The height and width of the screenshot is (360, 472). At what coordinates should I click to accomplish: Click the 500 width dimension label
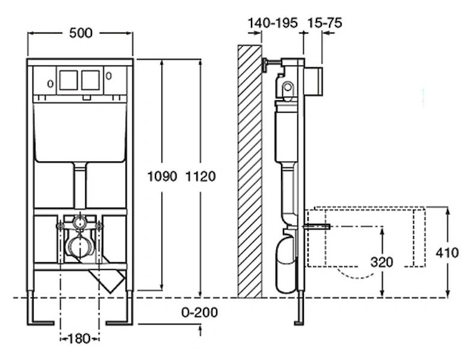click(x=80, y=33)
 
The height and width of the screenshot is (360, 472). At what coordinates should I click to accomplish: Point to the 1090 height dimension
click(x=162, y=176)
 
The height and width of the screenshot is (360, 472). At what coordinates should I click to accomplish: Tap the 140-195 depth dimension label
click(x=273, y=23)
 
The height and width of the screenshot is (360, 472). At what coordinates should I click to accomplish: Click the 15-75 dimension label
click(x=324, y=23)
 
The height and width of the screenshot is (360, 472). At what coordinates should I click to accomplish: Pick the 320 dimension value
click(x=382, y=262)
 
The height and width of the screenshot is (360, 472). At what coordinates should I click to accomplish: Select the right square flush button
click(x=91, y=79)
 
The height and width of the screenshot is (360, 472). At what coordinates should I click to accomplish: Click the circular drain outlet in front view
click(x=79, y=246)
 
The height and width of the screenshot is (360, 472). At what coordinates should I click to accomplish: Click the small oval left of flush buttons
click(x=50, y=76)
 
